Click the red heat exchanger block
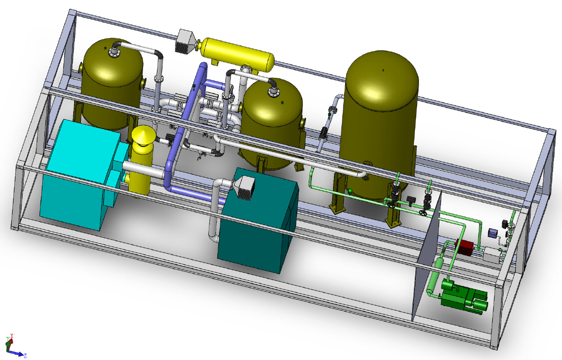[x=464, y=247]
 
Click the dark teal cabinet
[x=258, y=221]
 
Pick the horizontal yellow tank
[x=237, y=54]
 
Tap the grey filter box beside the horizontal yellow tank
[x=185, y=41]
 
